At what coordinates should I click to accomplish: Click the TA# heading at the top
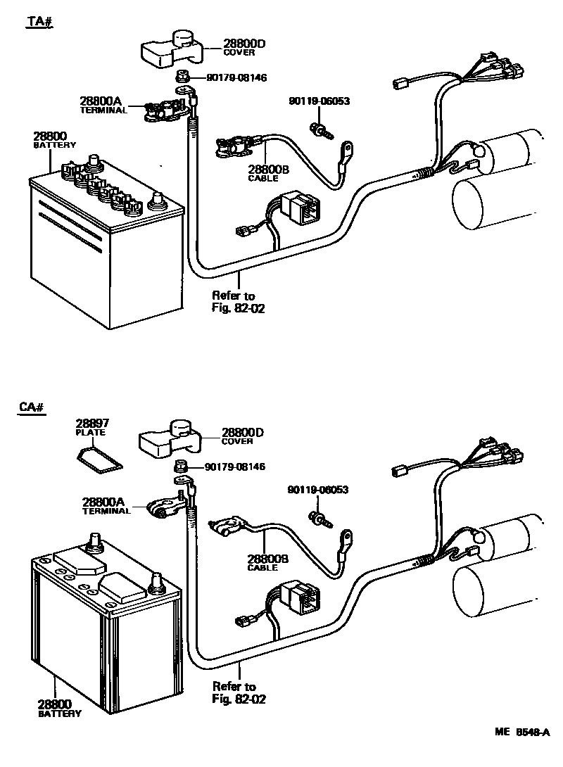click(40, 21)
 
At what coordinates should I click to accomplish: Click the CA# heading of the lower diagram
click(32, 407)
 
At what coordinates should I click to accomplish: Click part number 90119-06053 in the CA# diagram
click(317, 490)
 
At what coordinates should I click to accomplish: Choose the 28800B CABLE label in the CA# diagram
click(267, 562)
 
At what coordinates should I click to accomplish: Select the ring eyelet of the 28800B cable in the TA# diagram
click(348, 149)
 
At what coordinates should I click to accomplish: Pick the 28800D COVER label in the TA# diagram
click(243, 47)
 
